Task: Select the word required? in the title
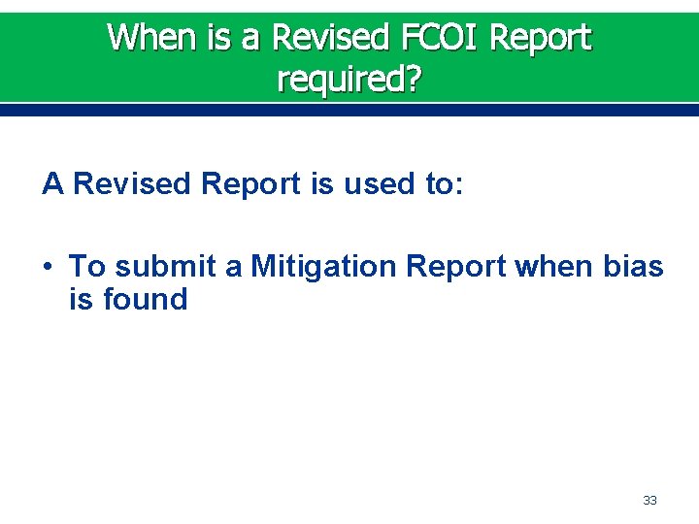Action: coord(349,79)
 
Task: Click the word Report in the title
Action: coord(540,38)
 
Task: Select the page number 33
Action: coord(649,501)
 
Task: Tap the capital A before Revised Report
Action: coord(52,183)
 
